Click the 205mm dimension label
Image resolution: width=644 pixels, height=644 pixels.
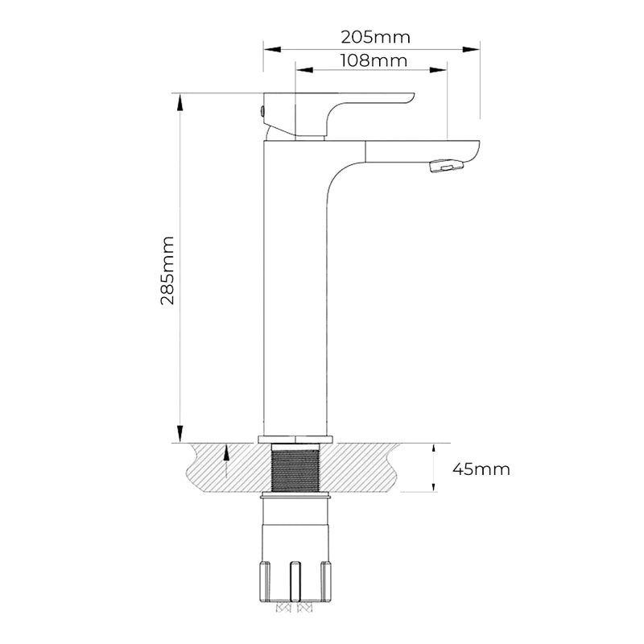pyautogui.click(x=375, y=37)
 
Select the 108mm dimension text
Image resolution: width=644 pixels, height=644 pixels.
pyautogui.click(x=374, y=61)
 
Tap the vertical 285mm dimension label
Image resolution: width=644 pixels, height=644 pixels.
pyautogui.click(x=167, y=270)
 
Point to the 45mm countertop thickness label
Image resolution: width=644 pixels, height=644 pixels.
pyautogui.click(x=481, y=469)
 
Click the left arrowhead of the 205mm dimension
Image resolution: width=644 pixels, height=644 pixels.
pyautogui.click(x=272, y=49)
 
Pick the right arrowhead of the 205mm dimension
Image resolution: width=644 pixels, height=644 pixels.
pyautogui.click(x=471, y=49)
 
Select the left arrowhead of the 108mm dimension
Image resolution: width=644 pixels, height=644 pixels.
pyautogui.click(x=304, y=70)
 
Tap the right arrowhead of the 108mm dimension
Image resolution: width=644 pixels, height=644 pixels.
pyautogui.click(x=438, y=70)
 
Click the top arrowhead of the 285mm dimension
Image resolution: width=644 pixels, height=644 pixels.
pyautogui.click(x=180, y=102)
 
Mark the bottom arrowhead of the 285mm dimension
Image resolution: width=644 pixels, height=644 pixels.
pyautogui.click(x=180, y=434)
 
